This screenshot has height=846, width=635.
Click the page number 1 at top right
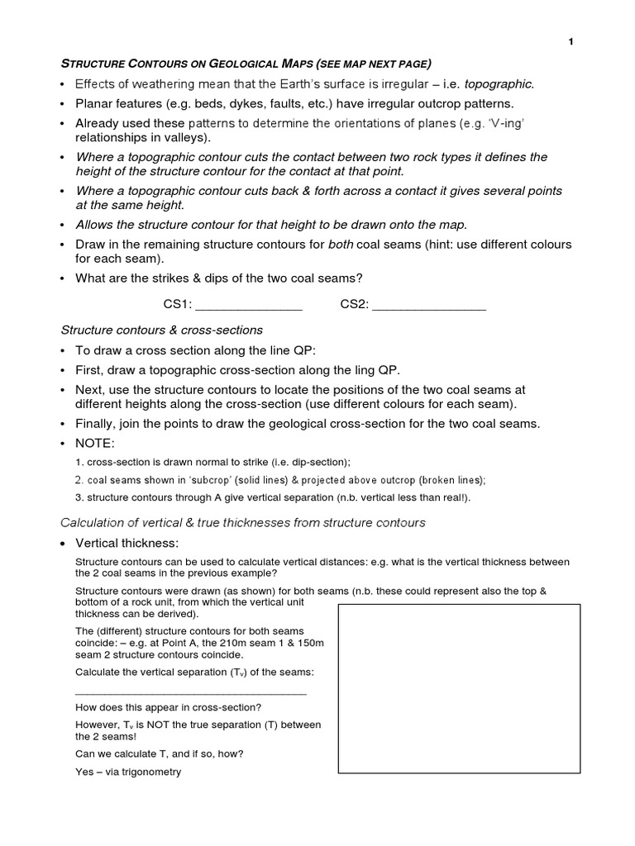[571, 42]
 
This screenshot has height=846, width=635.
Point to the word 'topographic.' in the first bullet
[499, 83]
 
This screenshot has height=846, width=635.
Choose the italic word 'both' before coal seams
[342, 245]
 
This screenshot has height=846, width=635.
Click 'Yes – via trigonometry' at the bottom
[128, 772]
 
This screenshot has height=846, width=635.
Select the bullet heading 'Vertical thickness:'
[127, 543]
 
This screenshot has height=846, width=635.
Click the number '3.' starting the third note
[79, 498]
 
